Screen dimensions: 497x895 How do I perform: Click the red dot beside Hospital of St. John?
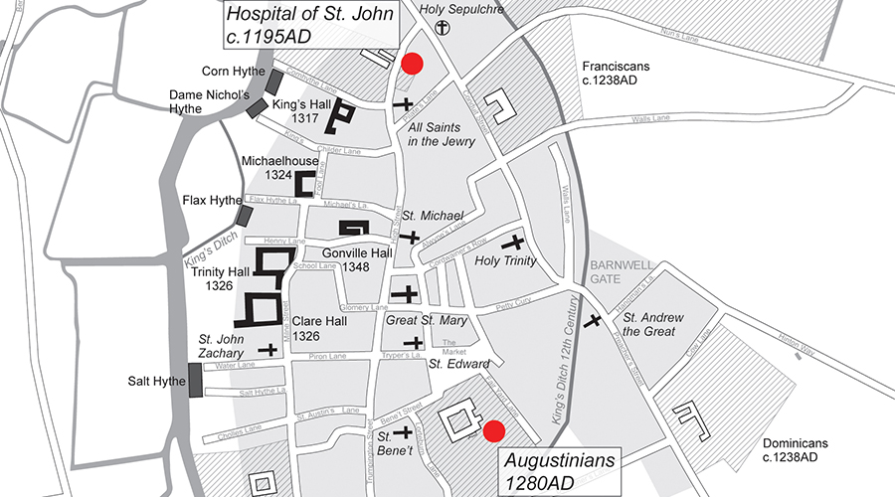click(x=412, y=64)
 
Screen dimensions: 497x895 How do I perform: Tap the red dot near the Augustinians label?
click(x=493, y=430)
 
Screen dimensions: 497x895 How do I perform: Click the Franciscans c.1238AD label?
click(x=616, y=72)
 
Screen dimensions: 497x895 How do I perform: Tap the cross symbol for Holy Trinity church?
click(x=513, y=243)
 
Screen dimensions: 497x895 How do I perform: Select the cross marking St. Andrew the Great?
click(x=594, y=321)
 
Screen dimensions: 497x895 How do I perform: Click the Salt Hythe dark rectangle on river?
click(x=195, y=380)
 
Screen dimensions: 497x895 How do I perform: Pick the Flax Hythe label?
click(x=208, y=201)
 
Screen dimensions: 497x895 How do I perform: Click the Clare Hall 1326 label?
click(x=318, y=330)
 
